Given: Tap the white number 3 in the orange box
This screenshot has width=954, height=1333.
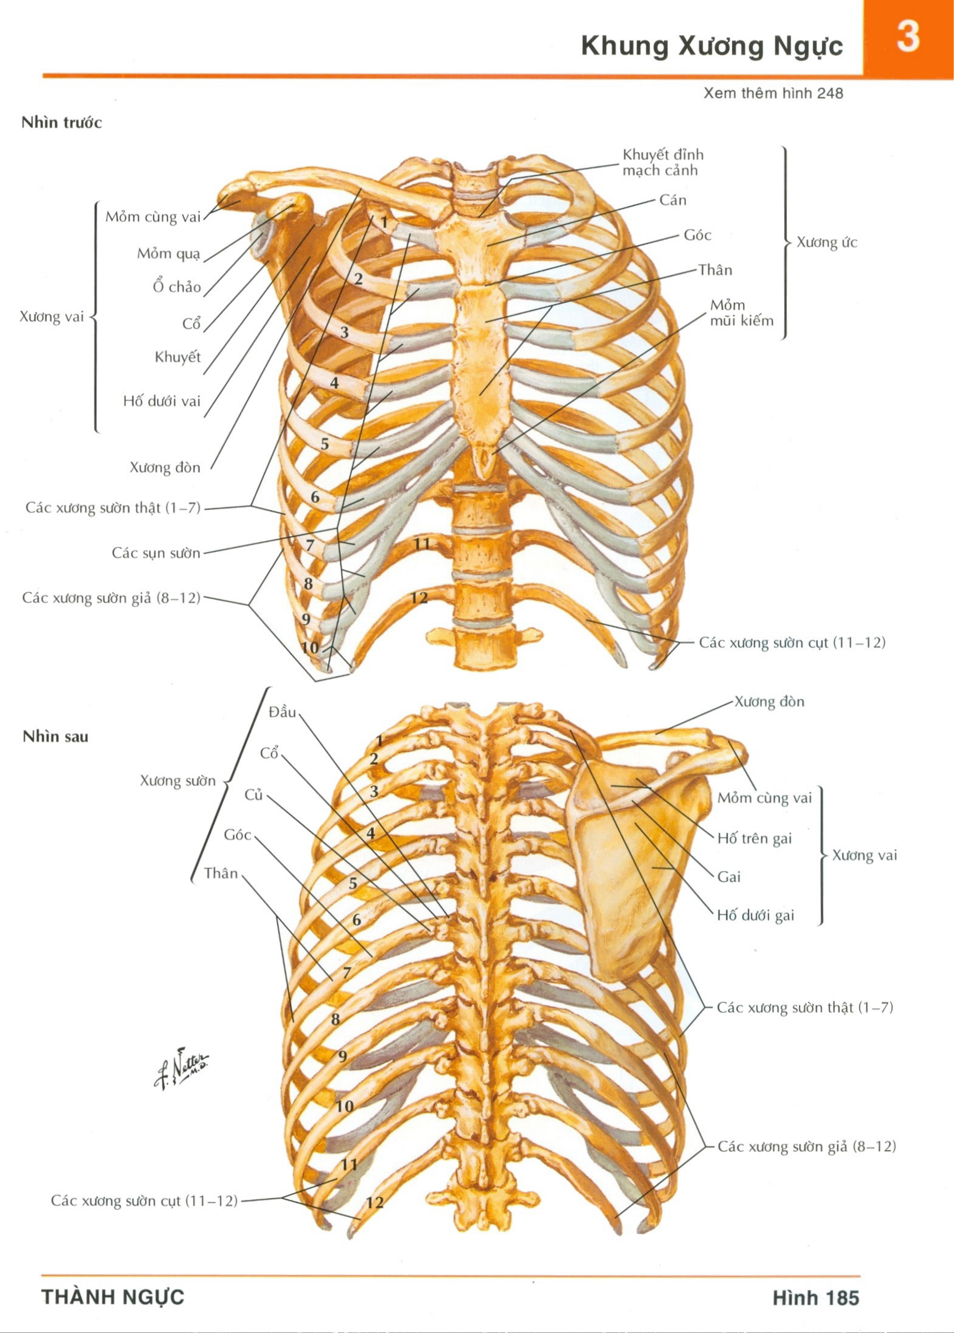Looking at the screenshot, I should (x=908, y=36).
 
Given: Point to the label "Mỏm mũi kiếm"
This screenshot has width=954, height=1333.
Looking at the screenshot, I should (x=741, y=313).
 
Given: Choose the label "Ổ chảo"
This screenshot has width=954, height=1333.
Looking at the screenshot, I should (x=177, y=287).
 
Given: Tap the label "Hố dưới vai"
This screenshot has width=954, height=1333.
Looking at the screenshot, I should (x=162, y=401).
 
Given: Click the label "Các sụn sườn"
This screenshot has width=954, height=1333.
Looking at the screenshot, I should (x=156, y=553).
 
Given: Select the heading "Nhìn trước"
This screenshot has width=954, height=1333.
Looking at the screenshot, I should (x=62, y=122).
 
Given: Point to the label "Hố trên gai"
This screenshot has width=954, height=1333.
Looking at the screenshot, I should (x=754, y=838).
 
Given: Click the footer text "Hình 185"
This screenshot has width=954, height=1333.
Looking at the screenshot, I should (x=816, y=1297).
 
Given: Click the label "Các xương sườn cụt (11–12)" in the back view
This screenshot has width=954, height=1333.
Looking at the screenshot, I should (x=144, y=1200).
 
